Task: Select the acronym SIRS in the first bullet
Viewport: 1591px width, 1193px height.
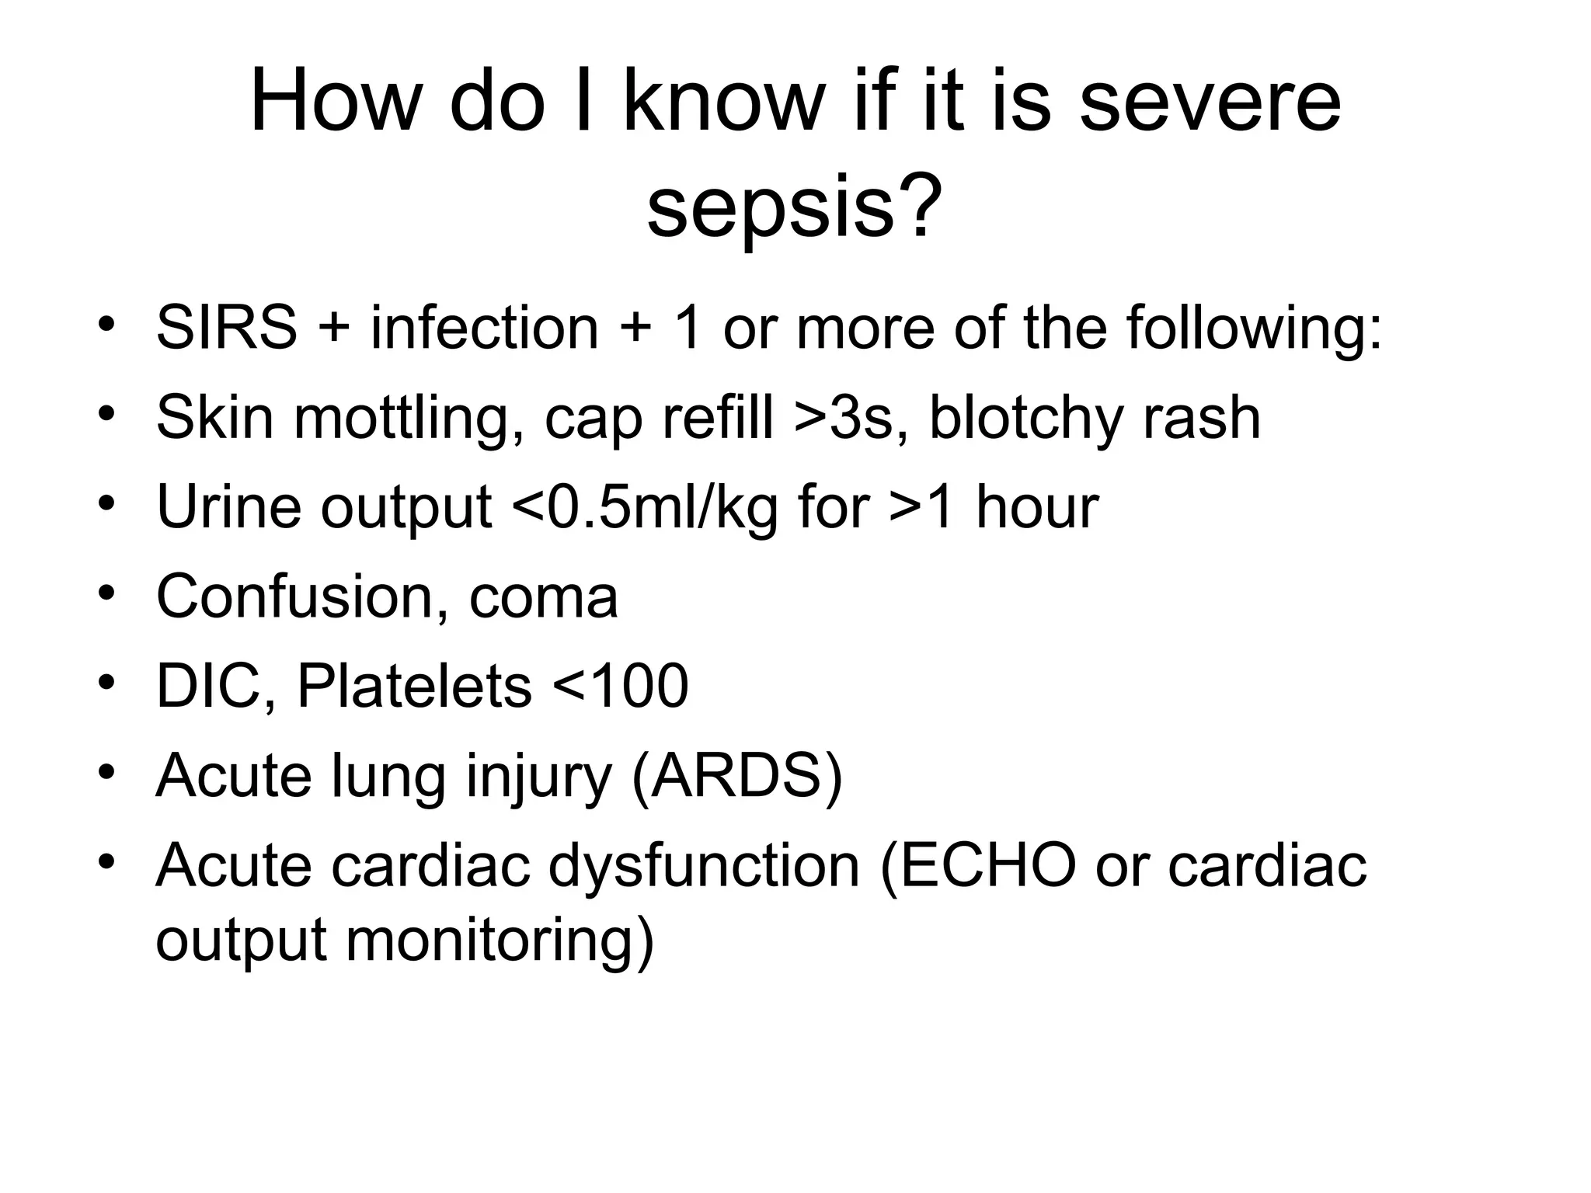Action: tap(226, 328)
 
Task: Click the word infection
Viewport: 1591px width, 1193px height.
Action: tap(484, 328)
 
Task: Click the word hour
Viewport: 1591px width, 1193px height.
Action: tap(1036, 507)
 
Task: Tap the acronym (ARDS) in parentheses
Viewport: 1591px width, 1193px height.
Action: tap(737, 776)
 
